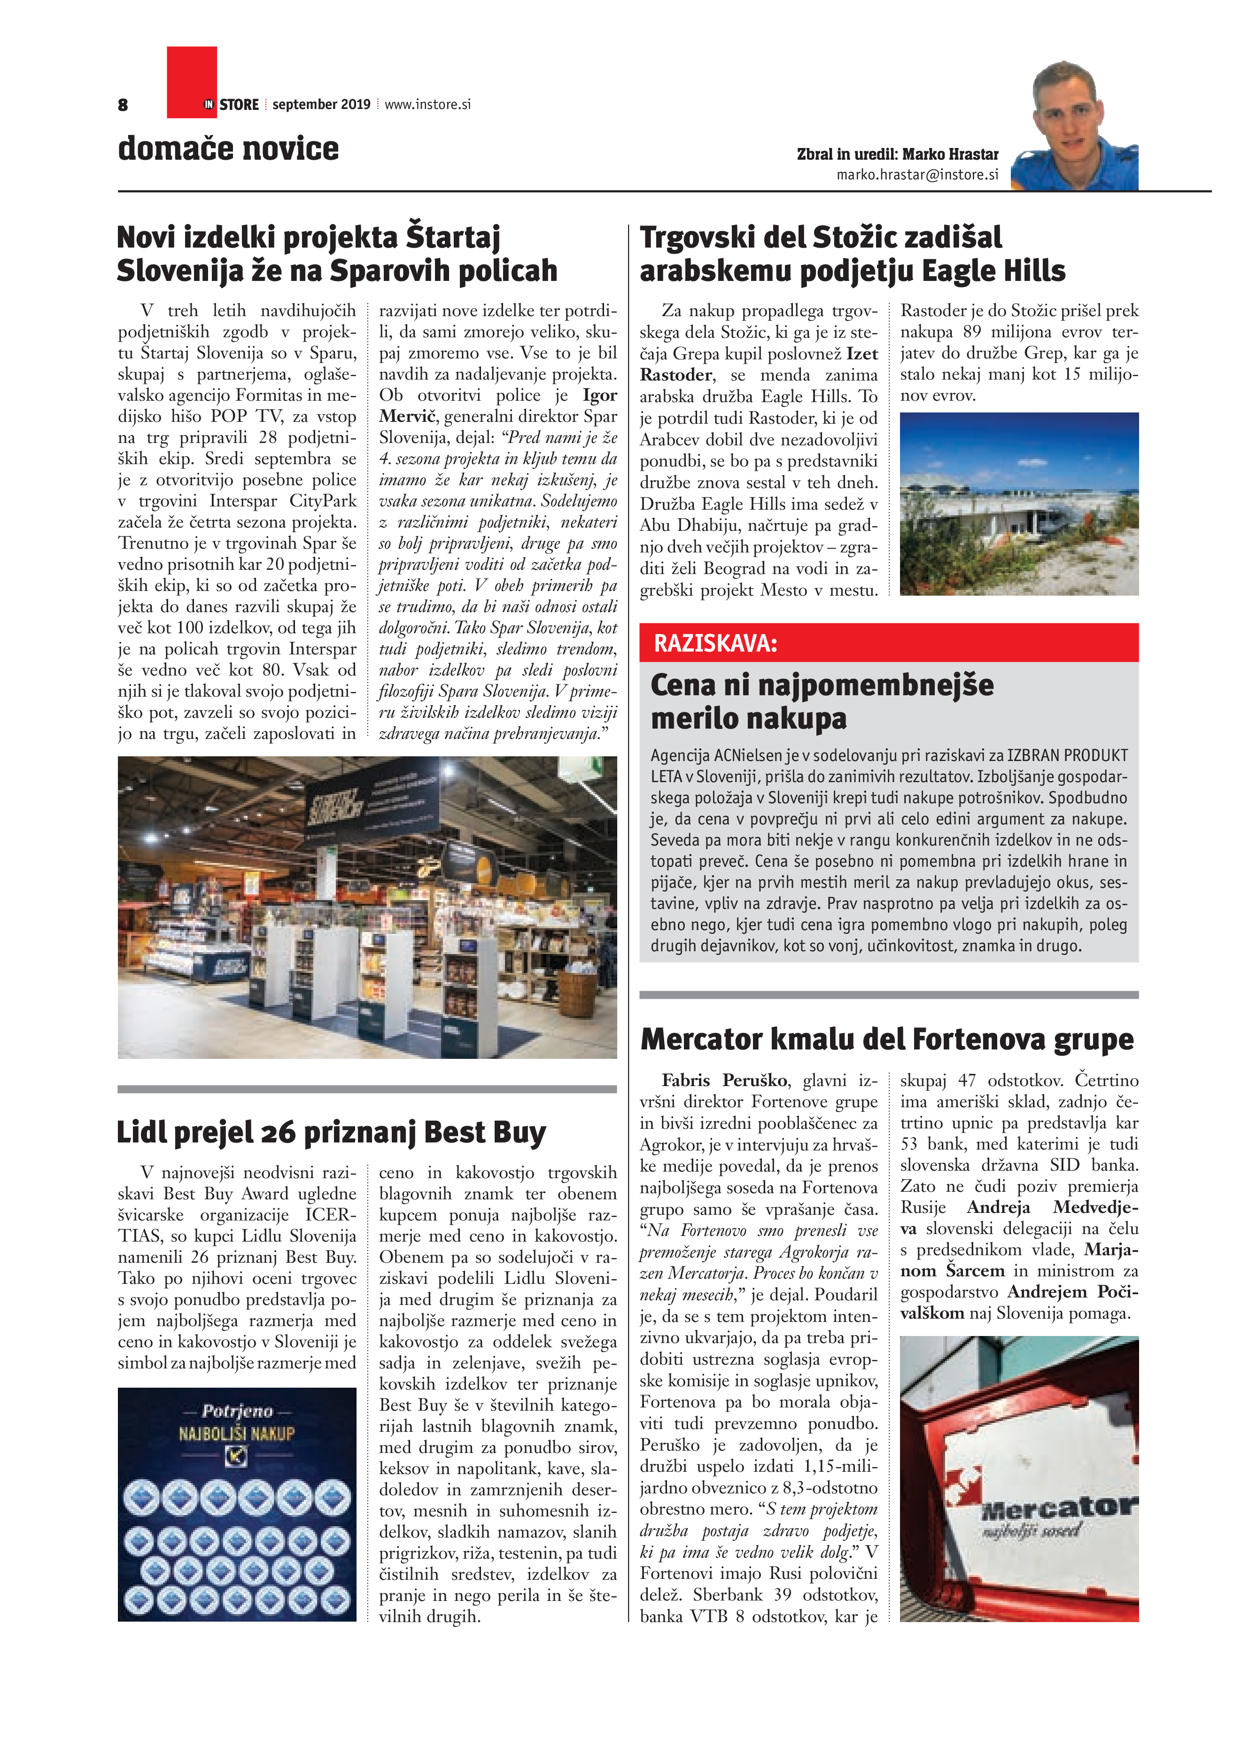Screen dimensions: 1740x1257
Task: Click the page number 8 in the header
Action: [123, 105]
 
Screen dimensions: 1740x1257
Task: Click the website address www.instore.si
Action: [427, 104]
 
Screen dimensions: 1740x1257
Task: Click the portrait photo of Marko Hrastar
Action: [1074, 126]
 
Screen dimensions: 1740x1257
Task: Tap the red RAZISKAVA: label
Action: [715, 643]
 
